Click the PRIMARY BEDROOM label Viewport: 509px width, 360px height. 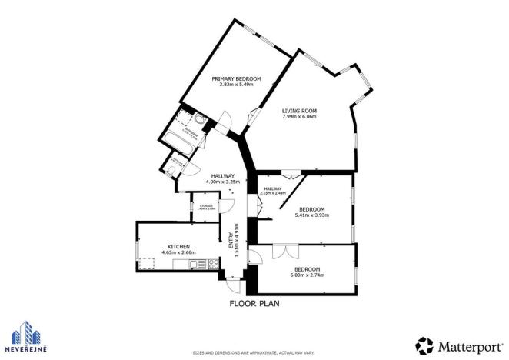(236, 78)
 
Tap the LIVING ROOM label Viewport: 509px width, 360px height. (299, 111)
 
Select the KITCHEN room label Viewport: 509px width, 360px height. (179, 246)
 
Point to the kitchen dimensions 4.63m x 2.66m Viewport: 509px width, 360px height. (179, 252)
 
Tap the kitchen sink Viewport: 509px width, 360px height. (183, 265)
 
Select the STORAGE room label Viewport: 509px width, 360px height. (206, 205)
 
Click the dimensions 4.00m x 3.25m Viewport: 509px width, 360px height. (222, 182)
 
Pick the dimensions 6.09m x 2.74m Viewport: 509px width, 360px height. (305, 275)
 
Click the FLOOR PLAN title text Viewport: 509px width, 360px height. (254, 303)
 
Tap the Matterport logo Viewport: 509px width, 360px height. (455, 344)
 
